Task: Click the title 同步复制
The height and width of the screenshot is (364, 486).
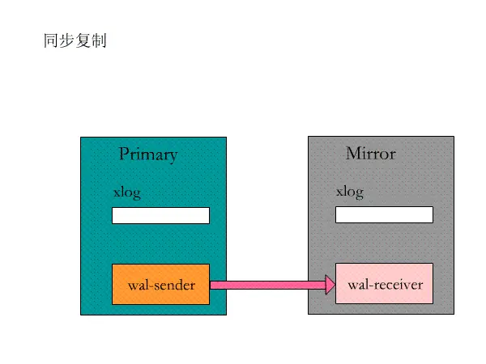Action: coord(75,40)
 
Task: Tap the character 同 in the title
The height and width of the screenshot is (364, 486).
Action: coord(51,40)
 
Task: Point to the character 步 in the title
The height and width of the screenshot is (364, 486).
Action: coord(66,40)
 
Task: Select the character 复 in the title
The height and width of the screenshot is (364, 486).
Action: coord(83,40)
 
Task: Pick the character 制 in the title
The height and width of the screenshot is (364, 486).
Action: coord(99,40)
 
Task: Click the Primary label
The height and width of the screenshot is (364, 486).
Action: coord(147,154)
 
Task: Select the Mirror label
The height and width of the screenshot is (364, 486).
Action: coord(370,153)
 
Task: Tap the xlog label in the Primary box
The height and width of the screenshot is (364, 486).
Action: coord(126,192)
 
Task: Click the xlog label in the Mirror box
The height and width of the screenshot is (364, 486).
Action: coord(350,192)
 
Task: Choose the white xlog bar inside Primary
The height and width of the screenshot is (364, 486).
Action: coord(160,215)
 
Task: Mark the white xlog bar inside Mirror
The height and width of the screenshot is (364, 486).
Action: coord(384,214)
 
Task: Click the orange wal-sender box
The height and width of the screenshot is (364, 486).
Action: coord(160,284)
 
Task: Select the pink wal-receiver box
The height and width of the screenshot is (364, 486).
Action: coord(384,283)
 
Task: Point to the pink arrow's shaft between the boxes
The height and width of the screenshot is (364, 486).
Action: coord(267,285)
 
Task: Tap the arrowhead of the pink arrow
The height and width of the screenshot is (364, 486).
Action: coord(330,285)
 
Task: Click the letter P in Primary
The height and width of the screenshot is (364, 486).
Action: coord(124,154)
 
